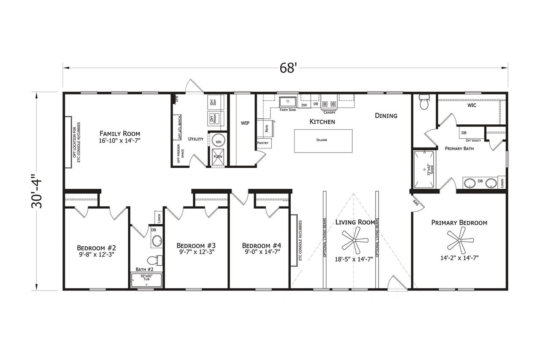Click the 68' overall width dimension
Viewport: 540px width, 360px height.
point(288,68)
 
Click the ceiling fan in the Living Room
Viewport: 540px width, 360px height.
point(355,241)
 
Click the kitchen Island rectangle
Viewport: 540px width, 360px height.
point(323,140)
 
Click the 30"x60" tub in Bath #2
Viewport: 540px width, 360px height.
point(146,280)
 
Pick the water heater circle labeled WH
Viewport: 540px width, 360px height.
point(219,142)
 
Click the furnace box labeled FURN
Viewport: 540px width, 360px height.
point(218,157)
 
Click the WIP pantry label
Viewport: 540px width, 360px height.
point(245,123)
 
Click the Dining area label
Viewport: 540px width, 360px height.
point(386,116)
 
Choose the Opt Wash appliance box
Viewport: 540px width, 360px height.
point(213,118)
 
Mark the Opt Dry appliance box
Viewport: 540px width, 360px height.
point(213,102)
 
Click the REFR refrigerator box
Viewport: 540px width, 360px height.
point(266,129)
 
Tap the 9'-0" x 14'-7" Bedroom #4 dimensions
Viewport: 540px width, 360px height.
point(261,252)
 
